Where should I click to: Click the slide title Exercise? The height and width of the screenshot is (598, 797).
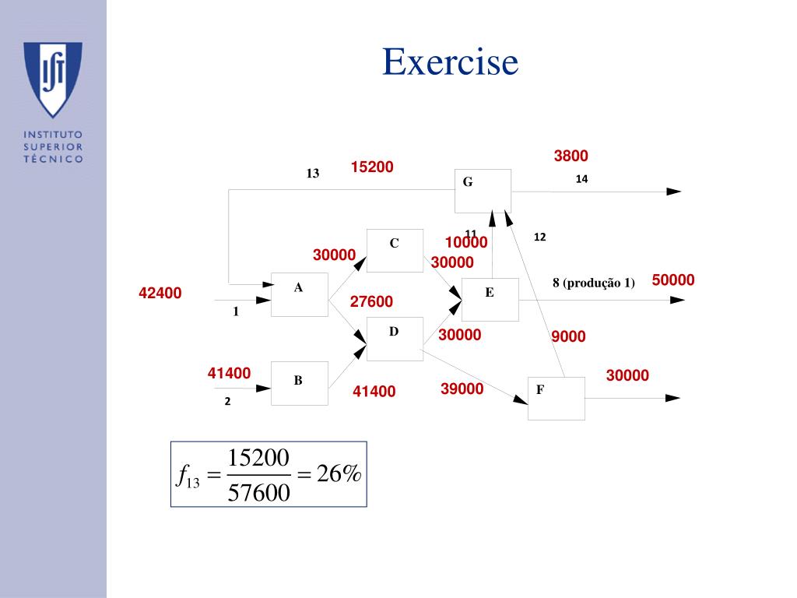tap(450, 62)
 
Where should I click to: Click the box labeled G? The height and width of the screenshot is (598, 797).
tap(483, 191)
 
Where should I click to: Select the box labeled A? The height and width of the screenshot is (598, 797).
tap(299, 294)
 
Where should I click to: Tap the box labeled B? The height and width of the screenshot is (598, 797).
tap(299, 383)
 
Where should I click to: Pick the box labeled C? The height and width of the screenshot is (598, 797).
tap(395, 250)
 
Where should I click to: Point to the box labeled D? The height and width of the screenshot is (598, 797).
tap(395, 339)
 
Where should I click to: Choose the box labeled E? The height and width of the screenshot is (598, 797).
tap(490, 300)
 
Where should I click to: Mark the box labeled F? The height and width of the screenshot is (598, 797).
tap(556, 398)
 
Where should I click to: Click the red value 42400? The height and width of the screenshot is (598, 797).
tap(160, 293)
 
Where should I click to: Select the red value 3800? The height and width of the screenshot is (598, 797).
tap(571, 156)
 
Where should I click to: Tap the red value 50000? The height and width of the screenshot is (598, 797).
tap(673, 280)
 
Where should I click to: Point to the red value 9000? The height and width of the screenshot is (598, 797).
tap(568, 336)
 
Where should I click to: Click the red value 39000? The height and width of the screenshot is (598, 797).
tap(462, 389)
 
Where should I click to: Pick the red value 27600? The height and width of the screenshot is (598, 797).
tap(371, 301)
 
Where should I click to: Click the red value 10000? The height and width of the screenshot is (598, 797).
tap(466, 243)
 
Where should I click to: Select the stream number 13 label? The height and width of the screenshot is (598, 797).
tap(313, 174)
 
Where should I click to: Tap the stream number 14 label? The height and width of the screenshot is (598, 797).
tap(581, 179)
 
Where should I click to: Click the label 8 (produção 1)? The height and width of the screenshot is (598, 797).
tap(594, 283)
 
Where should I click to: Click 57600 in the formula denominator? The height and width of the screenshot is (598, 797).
tap(259, 492)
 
